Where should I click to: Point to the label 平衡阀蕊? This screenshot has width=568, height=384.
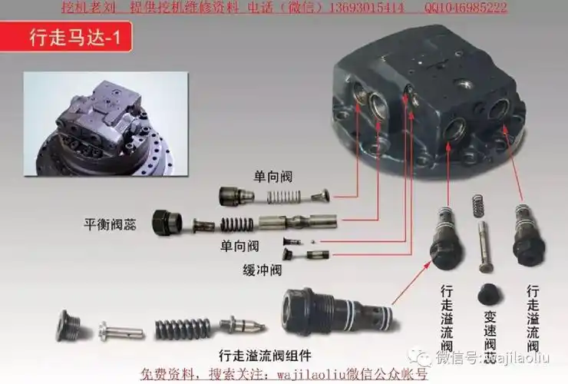(115, 224)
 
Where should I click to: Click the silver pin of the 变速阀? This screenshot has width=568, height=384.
(483, 246)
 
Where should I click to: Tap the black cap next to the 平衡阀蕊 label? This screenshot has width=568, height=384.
(166, 222)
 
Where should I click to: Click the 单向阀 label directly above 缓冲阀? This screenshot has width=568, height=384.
(239, 246)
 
